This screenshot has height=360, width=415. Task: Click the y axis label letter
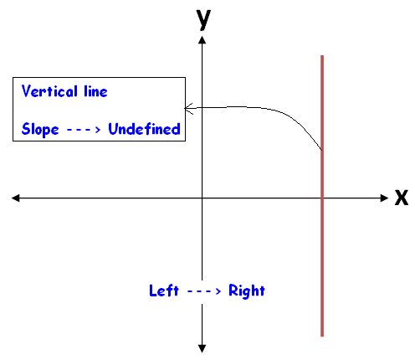coord(203,19)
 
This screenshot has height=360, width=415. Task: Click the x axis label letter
coord(402,198)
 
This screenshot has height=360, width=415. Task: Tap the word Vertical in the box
coord(49,91)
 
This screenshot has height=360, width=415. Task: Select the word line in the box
coord(95,91)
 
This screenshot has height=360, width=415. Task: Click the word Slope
coord(40,129)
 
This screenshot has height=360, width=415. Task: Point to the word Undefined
coord(144,129)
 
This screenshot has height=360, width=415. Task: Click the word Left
coord(164,291)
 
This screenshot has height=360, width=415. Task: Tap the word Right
coord(247,291)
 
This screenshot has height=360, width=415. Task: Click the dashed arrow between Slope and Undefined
coord(84,130)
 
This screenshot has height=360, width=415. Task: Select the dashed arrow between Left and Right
coord(204,291)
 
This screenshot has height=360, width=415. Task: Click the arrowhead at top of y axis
coord(202,39)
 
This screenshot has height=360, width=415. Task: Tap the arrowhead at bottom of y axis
coord(202,349)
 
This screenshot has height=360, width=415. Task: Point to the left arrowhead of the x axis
coord(15,198)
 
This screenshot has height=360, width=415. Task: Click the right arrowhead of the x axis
coord(385,198)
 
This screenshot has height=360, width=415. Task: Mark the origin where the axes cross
coord(202,198)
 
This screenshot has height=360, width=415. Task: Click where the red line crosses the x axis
coord(322,198)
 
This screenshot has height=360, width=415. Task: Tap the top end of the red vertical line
coord(322,55)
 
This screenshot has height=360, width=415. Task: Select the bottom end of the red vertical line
coord(322,337)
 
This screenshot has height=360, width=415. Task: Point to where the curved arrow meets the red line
coord(321,150)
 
